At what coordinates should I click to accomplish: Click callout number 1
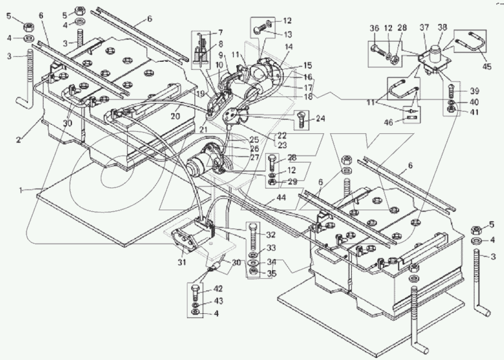pyautogui.click(x=21, y=190)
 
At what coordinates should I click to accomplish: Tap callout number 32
pyautogui.click(x=270, y=235)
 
